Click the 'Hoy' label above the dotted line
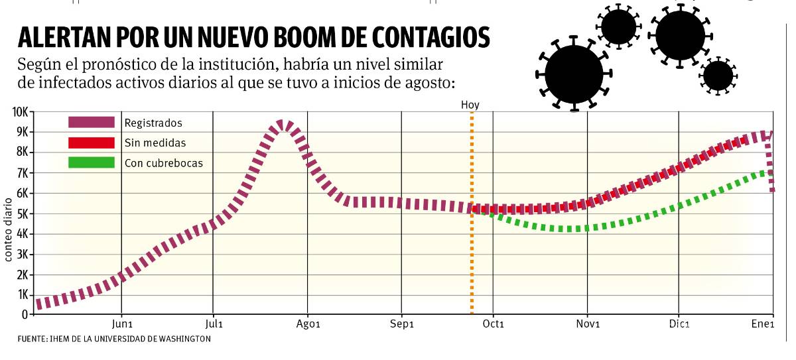[x=470, y=105]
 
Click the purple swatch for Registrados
[x=91, y=123]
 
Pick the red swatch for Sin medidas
[x=91, y=143]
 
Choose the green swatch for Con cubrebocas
[x=91, y=162]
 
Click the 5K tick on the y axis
[x=21, y=213]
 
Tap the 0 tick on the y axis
[x=25, y=314]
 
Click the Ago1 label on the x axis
[x=308, y=325]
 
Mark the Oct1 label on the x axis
[x=494, y=325]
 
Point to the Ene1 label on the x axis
[x=763, y=325]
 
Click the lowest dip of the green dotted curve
[x=570, y=229]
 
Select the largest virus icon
[x=574, y=74]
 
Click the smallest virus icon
[x=718, y=75]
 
